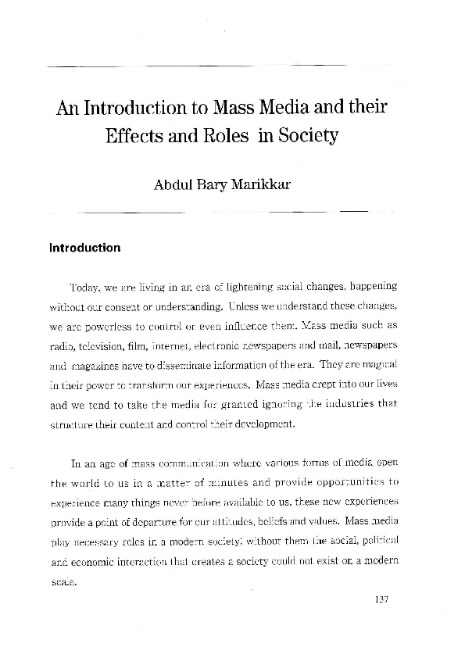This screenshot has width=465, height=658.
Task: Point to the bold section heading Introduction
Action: coord(84,249)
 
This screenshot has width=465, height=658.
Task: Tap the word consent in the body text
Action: coord(142,304)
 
